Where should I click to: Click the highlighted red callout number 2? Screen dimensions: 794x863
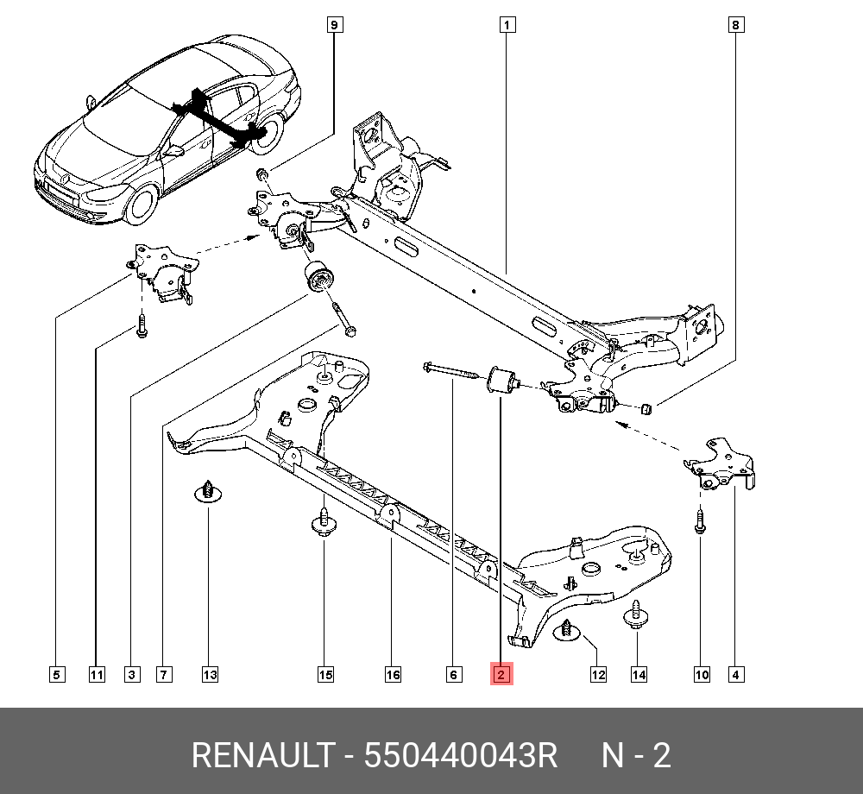(x=501, y=674)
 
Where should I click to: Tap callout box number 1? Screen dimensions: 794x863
(x=507, y=25)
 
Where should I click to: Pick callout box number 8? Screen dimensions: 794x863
(x=735, y=25)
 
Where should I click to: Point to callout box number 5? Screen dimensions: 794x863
(x=56, y=674)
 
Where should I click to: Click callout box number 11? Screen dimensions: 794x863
(x=96, y=674)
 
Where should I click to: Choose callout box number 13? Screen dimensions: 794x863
(x=210, y=674)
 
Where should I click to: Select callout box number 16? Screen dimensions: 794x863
(x=393, y=674)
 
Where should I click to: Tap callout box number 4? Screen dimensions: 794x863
(x=734, y=674)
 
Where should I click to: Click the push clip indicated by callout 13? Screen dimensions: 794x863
(x=207, y=491)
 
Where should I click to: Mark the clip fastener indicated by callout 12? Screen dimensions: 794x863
(x=568, y=631)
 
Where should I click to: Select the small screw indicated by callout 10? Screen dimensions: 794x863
(x=700, y=521)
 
